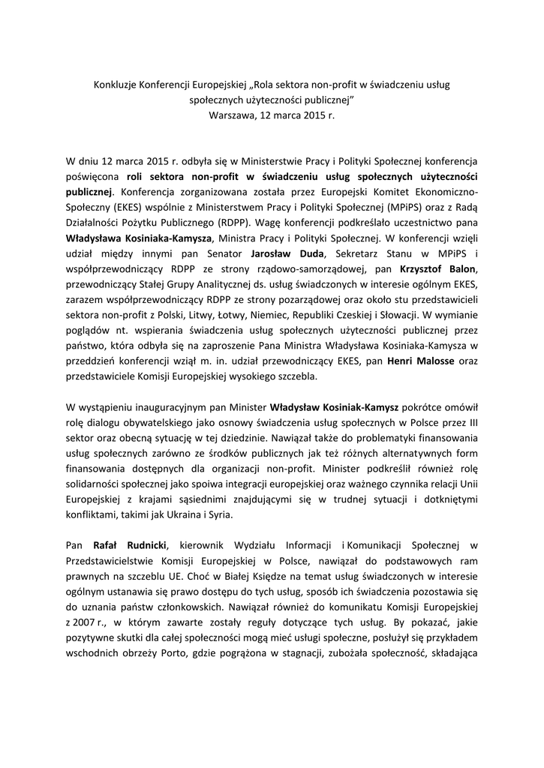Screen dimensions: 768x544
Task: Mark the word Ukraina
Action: coord(179,517)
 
